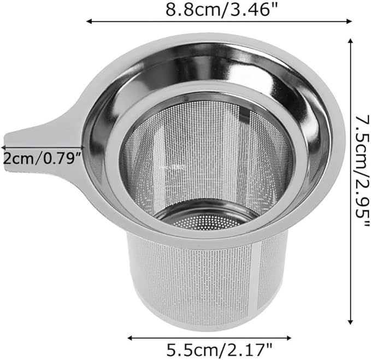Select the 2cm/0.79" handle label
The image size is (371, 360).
(43, 159)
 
